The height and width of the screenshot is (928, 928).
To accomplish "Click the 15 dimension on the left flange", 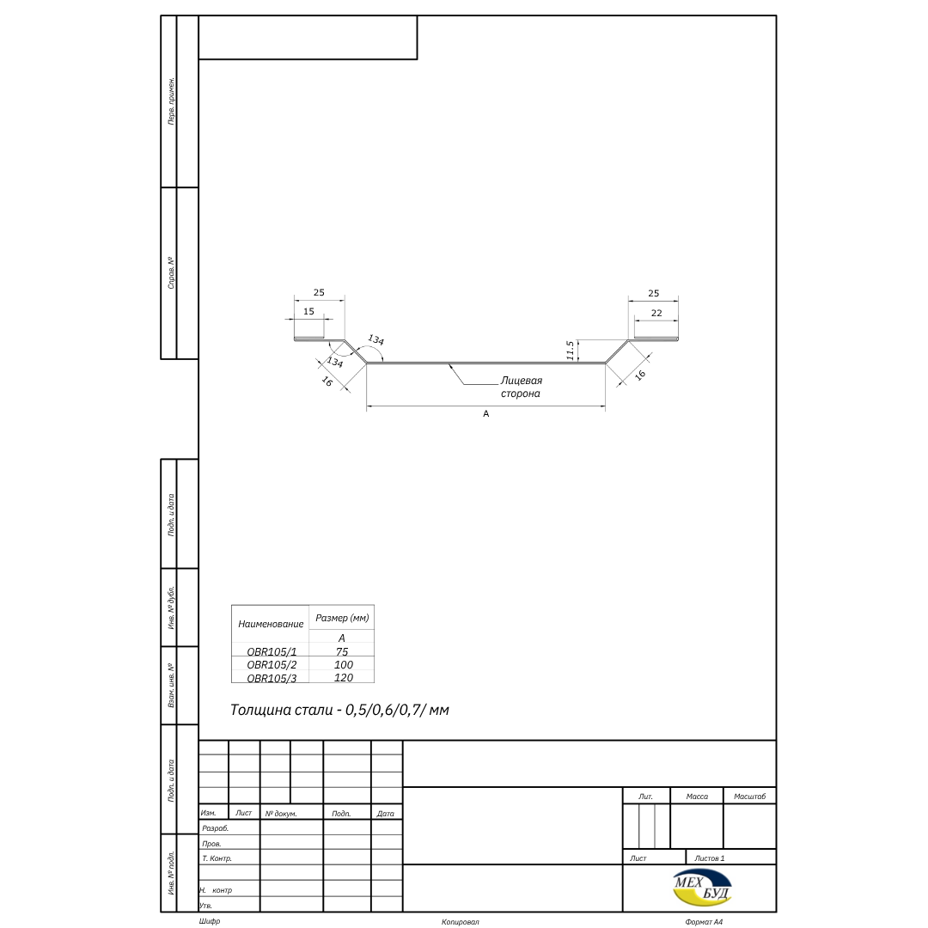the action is pos(309,311).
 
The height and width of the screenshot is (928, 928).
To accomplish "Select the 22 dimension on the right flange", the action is pos(656,313).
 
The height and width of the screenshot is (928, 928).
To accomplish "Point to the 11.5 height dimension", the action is pos(571,351).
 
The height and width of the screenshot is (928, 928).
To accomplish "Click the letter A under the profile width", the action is pos(485,413).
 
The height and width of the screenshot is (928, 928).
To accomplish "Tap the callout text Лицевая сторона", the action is pos(521,387).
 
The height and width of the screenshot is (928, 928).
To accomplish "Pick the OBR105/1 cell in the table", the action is pos(272,651).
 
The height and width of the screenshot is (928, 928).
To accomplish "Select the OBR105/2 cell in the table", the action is pos(272,664).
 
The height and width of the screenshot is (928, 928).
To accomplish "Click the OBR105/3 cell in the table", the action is pos(272,678).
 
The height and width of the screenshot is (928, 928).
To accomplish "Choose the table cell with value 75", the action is pos(342,651).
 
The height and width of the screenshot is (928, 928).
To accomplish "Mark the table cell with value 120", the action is pos(344,678).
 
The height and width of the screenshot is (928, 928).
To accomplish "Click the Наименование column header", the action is pos(271,624).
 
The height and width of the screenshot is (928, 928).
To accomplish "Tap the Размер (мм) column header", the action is pos(342,618).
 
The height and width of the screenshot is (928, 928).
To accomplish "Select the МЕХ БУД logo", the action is pos(703,888).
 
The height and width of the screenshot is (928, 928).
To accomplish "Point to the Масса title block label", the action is pos(697,797).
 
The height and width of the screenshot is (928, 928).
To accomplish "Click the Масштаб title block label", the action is pos(750,797).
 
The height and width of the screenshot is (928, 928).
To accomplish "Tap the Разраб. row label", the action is pos(215,828).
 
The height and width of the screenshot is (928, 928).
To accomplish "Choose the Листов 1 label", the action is pos(709,858).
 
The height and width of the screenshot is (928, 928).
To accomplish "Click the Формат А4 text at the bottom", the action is pos(704,922).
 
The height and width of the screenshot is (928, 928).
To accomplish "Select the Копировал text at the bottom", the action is pos(461,922).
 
